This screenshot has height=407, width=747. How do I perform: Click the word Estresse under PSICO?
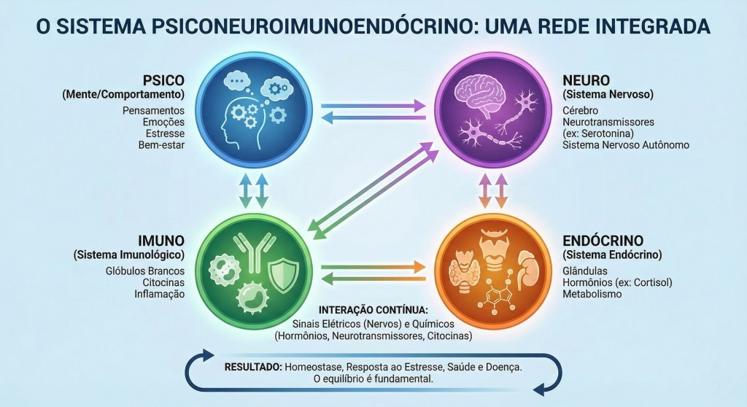[164, 133]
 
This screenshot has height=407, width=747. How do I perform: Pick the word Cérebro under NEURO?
[580, 109]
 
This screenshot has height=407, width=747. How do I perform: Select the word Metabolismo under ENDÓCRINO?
[592, 294]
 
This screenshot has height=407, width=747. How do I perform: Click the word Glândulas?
[585, 270]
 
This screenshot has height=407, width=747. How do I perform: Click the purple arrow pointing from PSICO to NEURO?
[373, 106]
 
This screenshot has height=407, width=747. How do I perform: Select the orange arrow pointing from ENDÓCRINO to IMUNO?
[373, 276]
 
